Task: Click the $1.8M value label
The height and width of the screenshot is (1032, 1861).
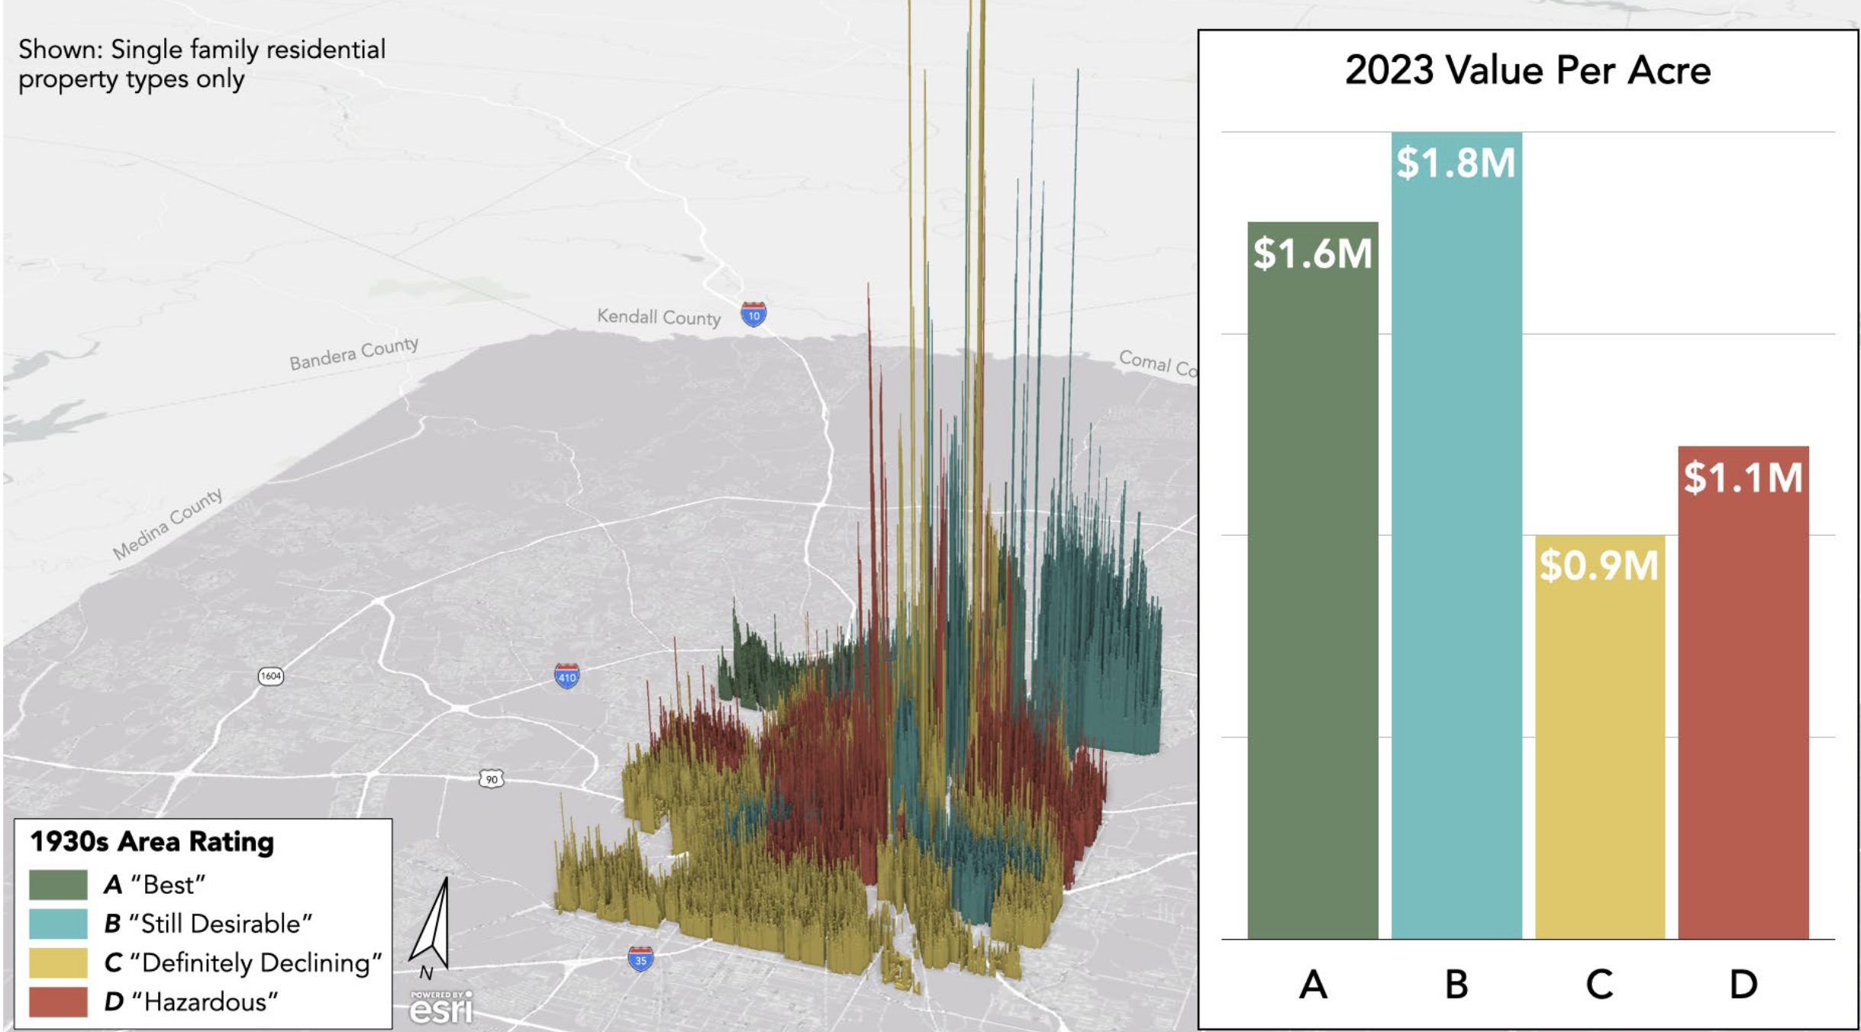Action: [1456, 163]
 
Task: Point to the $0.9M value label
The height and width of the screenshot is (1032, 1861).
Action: [1599, 566]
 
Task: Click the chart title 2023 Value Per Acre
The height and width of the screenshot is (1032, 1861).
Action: [1527, 70]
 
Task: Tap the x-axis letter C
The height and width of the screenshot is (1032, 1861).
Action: [1599, 985]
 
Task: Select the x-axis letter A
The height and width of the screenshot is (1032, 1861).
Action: [1313, 985]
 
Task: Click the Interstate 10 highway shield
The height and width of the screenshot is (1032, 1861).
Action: [753, 314]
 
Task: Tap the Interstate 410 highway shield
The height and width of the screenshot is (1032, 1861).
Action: [566, 676]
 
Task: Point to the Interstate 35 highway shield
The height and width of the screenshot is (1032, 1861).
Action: [640, 959]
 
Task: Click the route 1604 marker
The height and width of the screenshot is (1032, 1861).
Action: [271, 676]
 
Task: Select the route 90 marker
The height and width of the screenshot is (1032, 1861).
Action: [492, 779]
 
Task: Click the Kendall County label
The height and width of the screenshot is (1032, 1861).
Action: [659, 317]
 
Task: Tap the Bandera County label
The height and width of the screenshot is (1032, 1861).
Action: [353, 353]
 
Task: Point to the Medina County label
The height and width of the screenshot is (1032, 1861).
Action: [168, 524]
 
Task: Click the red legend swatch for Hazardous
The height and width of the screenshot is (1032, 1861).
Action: [58, 1001]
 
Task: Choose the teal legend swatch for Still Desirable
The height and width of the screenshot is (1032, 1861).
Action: [58, 924]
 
